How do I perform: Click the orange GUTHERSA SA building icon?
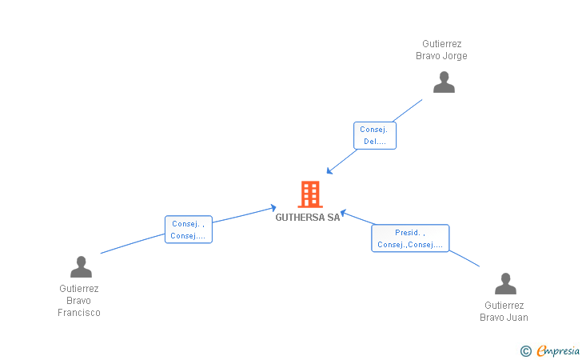[309, 194]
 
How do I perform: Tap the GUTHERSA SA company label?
[308, 218]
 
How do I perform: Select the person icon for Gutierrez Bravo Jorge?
[444, 82]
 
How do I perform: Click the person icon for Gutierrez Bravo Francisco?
[81, 266]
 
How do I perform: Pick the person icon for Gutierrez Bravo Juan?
[505, 284]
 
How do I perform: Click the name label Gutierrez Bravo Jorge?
[441, 50]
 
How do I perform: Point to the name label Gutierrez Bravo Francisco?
[79, 301]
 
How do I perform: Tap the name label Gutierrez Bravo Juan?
[504, 311]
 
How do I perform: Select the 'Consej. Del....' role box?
[375, 135]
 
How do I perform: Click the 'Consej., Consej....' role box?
[189, 230]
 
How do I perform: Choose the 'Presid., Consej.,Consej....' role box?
[410, 238]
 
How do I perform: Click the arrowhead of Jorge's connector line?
[329, 171]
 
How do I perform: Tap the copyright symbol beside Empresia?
[525, 350]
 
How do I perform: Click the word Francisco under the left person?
[79, 313]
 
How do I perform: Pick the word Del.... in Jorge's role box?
[375, 142]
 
